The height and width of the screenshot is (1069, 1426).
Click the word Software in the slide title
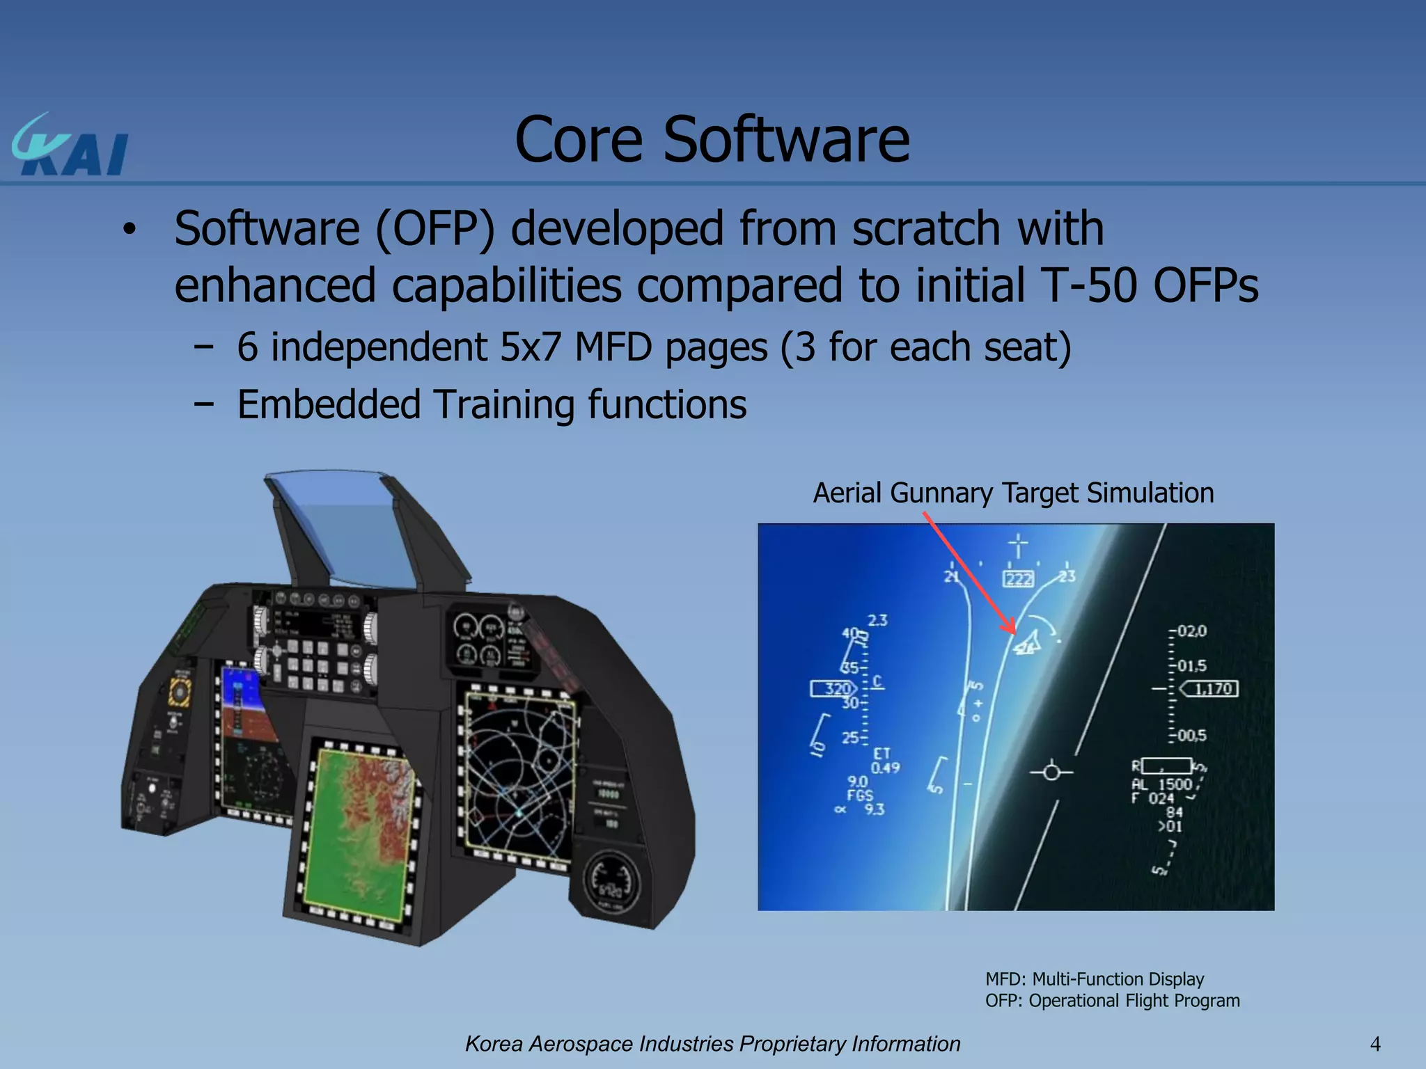point(786,141)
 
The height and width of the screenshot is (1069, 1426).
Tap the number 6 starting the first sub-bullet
point(247,347)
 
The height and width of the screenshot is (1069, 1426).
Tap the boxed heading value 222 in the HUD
point(1018,579)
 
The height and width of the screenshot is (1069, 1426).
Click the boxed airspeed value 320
point(836,689)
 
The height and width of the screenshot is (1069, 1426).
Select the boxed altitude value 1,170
point(1212,689)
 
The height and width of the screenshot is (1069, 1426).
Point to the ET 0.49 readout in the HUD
point(884,761)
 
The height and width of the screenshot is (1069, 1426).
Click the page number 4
point(1374,1044)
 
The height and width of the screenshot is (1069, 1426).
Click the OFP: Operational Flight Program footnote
point(1112,1001)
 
